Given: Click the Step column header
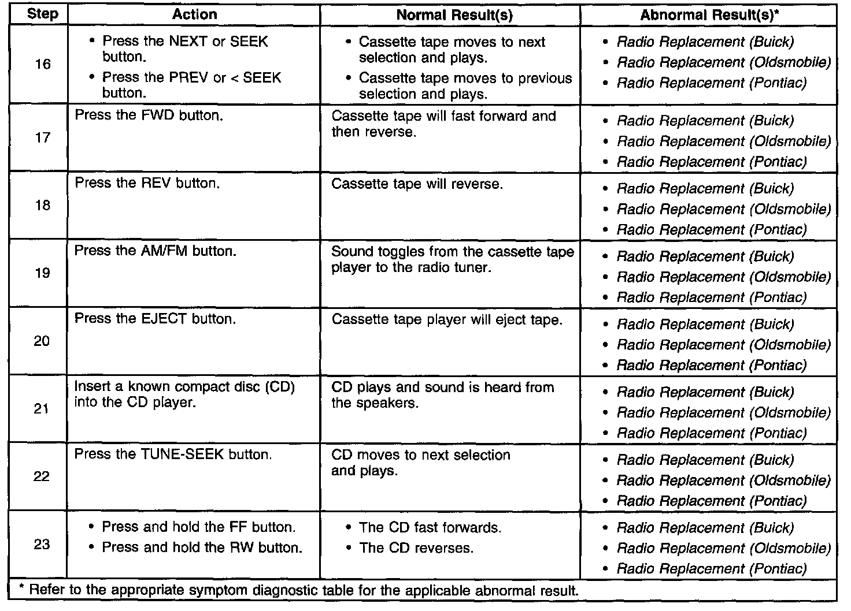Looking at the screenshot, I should point(42,14).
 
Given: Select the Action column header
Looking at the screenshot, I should point(195,14).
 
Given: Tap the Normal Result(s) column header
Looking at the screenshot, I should point(454,15).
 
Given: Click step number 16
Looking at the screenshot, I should point(42,64).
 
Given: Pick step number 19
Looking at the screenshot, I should point(42,273).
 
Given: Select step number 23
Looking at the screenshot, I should point(42,544).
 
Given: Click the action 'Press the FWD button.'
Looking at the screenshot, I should point(149,115).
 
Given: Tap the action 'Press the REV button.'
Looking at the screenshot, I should point(147,183).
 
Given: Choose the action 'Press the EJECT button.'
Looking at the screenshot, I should point(155,319).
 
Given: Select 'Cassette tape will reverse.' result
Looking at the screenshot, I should point(417,184).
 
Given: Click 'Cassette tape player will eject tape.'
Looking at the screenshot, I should point(447,319).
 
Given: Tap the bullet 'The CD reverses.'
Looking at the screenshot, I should point(416,548).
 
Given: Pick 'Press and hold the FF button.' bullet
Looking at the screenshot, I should point(199,527).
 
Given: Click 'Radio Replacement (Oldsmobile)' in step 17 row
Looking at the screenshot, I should point(723,141).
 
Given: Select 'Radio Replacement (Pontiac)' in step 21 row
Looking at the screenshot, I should point(711,433).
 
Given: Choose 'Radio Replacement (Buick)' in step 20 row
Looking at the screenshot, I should point(705,324).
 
